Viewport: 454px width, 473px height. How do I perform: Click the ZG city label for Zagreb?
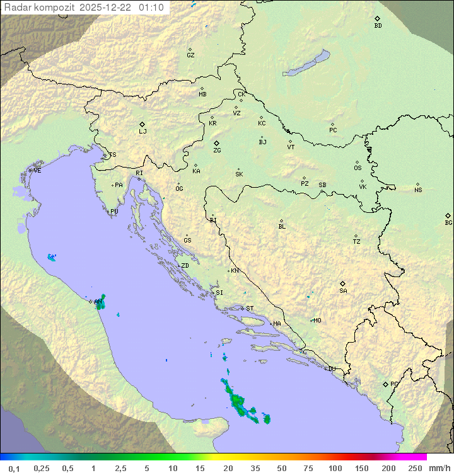[x=217, y=151]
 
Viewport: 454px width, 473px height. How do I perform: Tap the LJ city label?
[x=143, y=132]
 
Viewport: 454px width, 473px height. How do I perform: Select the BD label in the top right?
[x=378, y=26]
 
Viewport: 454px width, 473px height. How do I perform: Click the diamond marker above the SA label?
[x=343, y=283]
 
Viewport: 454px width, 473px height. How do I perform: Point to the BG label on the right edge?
[x=448, y=223]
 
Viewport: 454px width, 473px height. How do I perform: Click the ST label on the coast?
[x=250, y=309]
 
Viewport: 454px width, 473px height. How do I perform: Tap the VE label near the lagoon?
[x=37, y=171]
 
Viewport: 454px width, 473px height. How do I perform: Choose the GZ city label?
[x=190, y=55]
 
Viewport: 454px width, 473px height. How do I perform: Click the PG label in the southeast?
[x=394, y=384]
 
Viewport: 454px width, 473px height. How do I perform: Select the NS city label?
[x=418, y=190]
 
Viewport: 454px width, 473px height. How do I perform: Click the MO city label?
[x=317, y=321]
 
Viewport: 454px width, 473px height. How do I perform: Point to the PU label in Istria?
[x=114, y=212]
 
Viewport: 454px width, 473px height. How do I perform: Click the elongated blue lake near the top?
[x=306, y=64]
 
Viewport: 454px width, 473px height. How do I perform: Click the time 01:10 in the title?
[x=152, y=8]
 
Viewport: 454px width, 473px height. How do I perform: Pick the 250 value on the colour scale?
[x=415, y=468]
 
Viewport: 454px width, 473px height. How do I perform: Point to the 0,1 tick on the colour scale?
[x=14, y=468]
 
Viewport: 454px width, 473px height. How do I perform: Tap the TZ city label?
[x=357, y=242]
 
